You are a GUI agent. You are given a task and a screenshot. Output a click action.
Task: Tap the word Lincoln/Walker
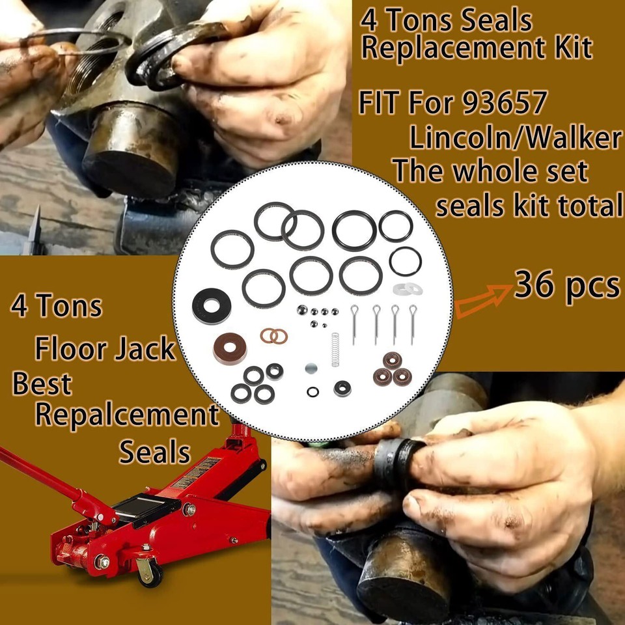[x=514, y=137]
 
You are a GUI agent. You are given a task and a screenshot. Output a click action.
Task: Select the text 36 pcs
[x=566, y=286]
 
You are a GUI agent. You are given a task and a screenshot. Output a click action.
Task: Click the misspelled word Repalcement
[x=127, y=415]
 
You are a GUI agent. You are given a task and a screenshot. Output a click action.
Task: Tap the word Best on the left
[x=42, y=384]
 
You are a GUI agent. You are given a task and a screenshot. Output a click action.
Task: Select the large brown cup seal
[x=230, y=348]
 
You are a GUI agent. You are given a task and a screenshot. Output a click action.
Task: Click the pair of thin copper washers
[x=274, y=336]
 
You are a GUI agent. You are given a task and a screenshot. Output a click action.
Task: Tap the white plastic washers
[x=407, y=288]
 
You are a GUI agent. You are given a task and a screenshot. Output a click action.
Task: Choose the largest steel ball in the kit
[x=303, y=312]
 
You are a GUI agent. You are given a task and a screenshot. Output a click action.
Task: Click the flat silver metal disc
[x=312, y=368]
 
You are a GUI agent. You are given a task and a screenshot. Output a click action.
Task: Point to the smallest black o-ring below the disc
[x=314, y=391]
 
